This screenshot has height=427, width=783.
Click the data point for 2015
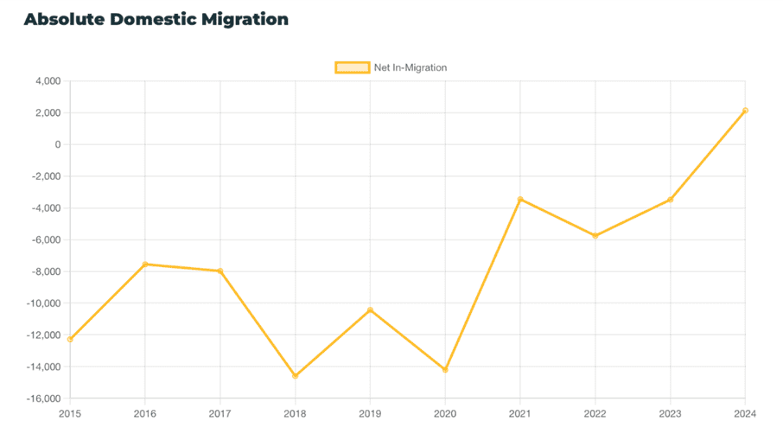(70, 340)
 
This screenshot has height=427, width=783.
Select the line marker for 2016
(145, 264)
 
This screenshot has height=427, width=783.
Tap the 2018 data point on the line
(295, 376)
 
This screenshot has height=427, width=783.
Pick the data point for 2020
(445, 370)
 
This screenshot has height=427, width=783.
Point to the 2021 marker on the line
(520, 200)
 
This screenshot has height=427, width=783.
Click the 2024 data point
(745, 111)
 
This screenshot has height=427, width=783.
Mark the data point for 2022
(595, 236)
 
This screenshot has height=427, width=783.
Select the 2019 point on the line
(370, 310)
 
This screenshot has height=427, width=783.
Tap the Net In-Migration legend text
(410, 67)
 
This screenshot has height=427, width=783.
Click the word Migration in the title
(245, 19)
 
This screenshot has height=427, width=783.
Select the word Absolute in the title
(64, 19)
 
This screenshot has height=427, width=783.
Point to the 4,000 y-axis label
(47, 81)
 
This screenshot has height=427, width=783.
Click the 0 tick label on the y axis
(57, 144)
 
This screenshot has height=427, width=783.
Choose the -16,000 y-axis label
(42, 398)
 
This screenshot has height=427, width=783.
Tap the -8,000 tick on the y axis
(44, 271)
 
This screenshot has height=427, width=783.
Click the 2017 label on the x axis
(220, 414)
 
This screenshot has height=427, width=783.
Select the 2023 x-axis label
(670, 414)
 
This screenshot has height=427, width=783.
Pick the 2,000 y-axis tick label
(47, 113)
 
